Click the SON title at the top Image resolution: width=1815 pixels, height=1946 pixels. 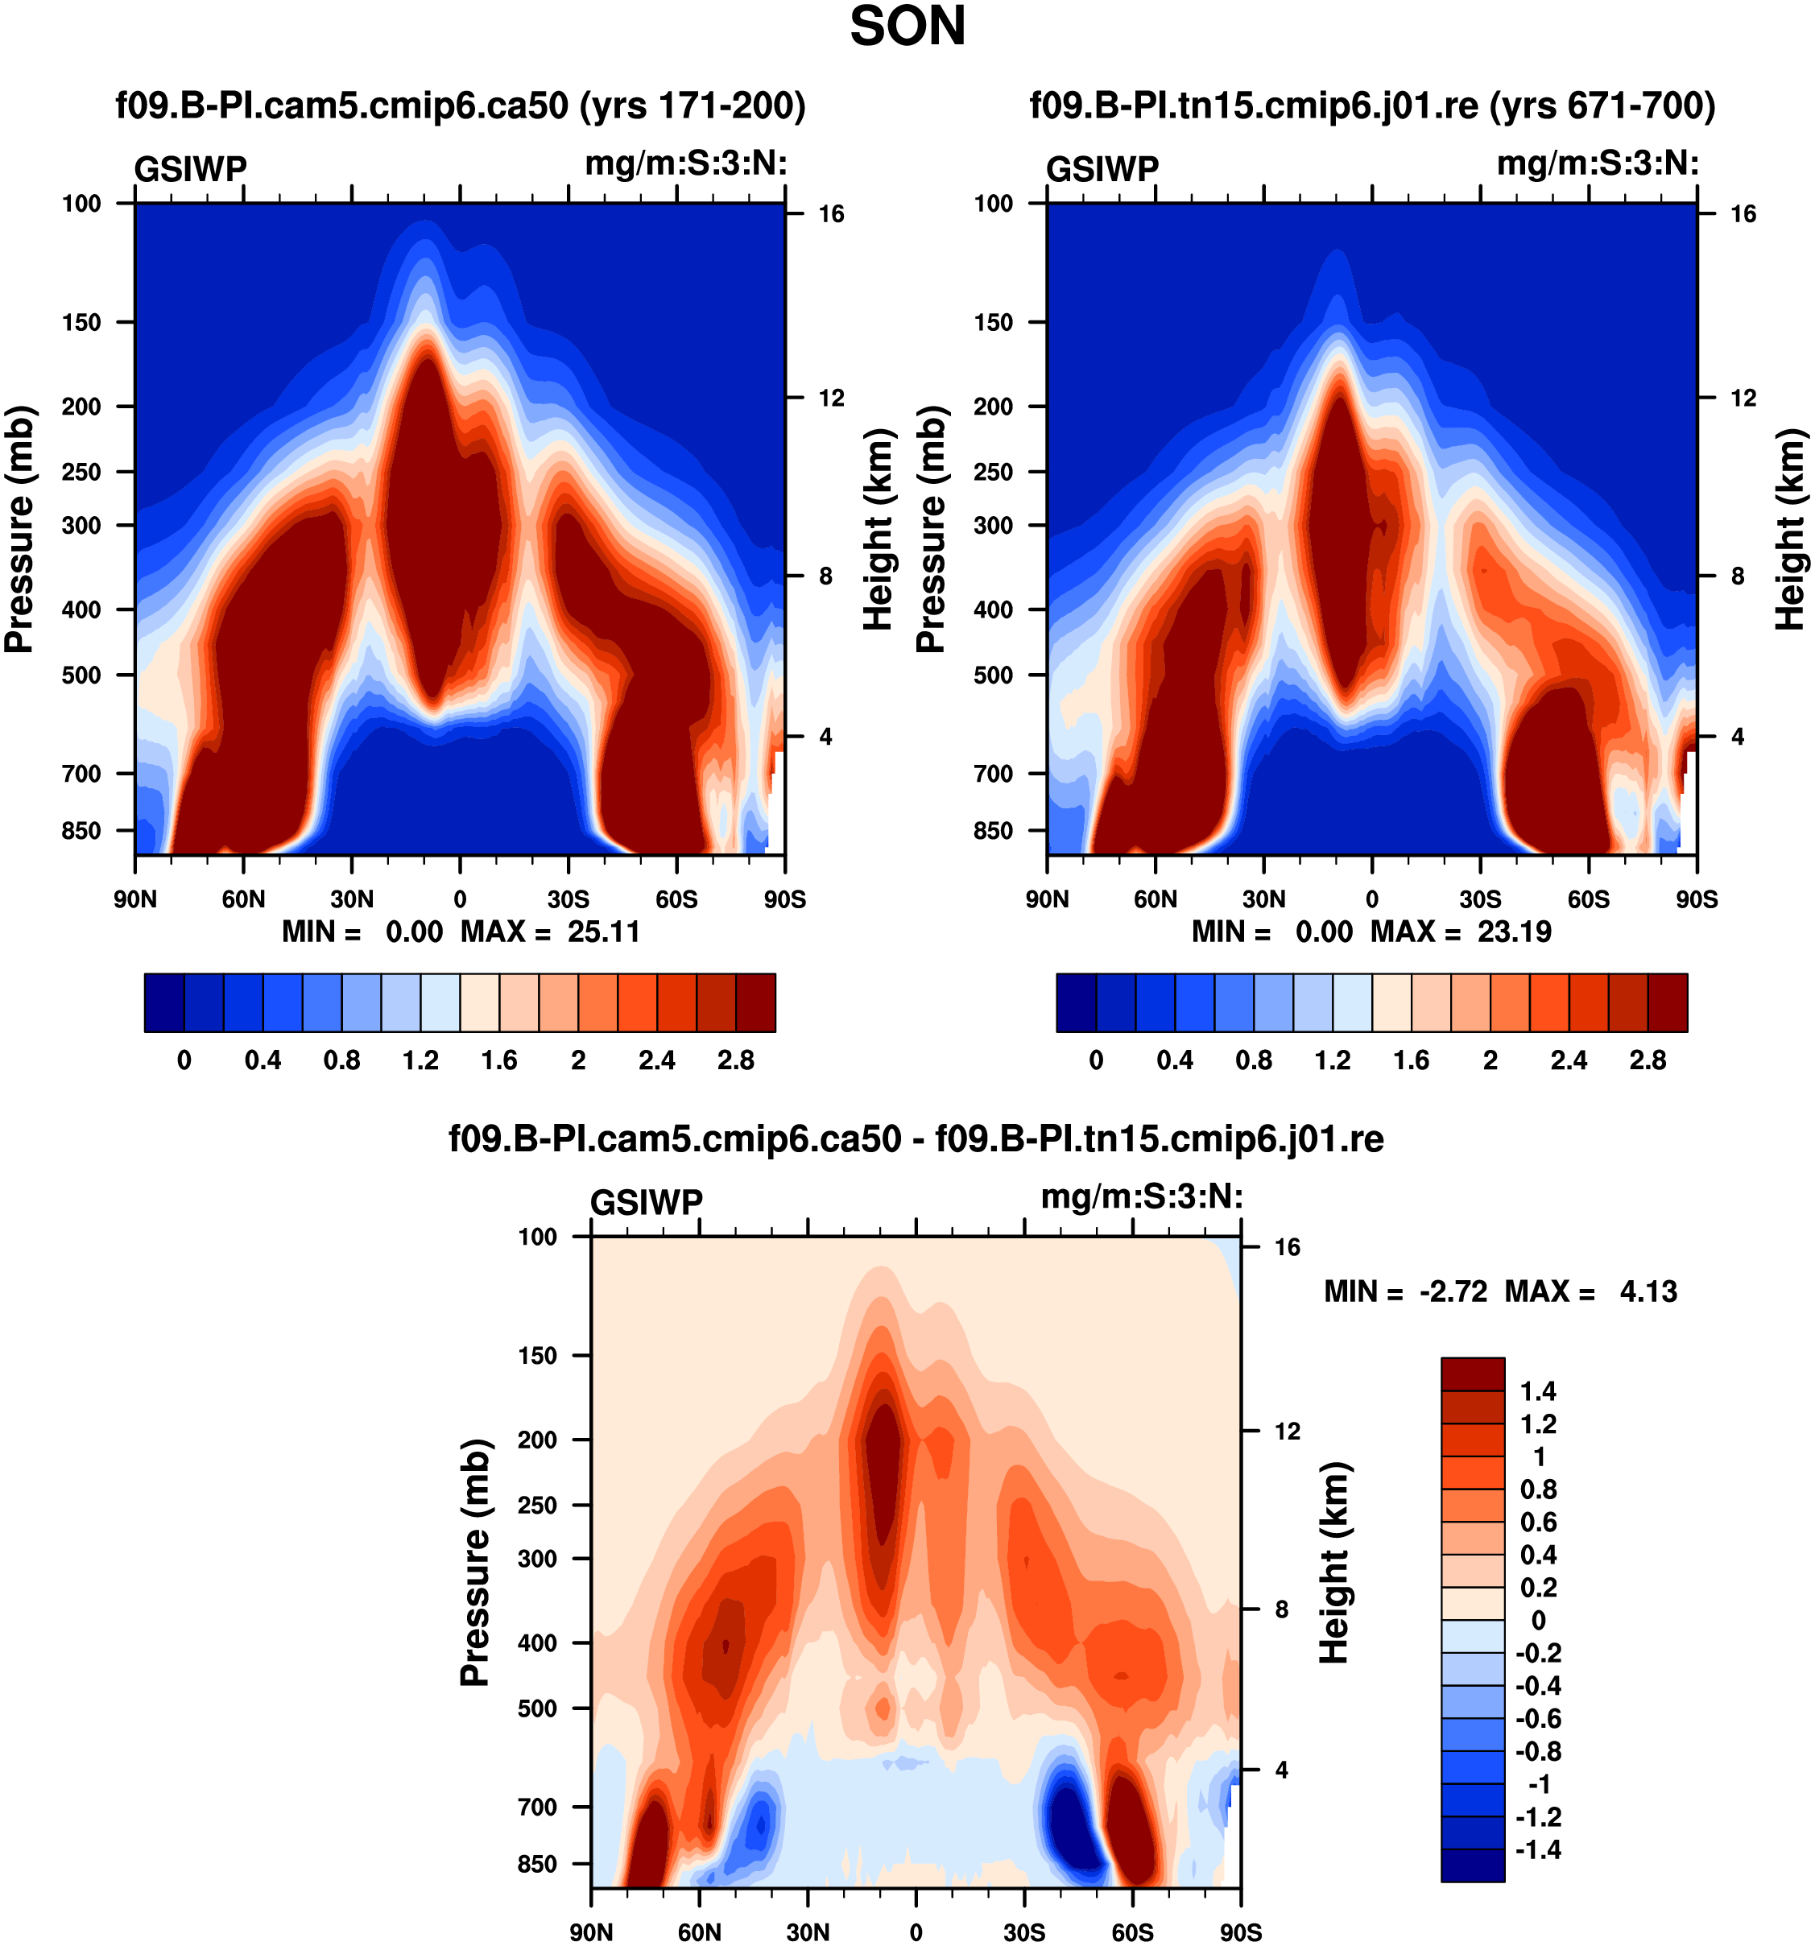click(907, 27)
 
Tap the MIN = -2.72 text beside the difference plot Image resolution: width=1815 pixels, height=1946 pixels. click(1405, 1292)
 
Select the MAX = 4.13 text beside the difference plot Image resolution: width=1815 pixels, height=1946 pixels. click(1591, 1292)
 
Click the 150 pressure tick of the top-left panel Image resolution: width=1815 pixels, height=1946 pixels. click(81, 322)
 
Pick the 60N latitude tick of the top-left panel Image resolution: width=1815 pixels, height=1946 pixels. click(243, 899)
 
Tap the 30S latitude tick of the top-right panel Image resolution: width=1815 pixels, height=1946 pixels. click(1480, 899)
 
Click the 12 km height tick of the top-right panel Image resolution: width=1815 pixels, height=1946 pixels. click(1743, 398)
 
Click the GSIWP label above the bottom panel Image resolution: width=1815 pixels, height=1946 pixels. click(646, 1202)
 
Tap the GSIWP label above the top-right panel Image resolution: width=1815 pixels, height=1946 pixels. click(1102, 169)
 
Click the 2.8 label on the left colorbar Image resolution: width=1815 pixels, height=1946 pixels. click(735, 1060)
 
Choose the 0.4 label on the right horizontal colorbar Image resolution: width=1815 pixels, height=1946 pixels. click(1175, 1060)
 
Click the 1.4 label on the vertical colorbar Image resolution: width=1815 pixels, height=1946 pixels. click(1537, 1391)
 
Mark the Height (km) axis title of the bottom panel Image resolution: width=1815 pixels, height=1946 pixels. click(1333, 1564)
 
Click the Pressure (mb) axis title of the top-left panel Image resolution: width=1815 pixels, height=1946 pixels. click(19, 529)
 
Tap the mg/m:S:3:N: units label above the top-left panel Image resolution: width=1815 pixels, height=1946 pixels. click(686, 163)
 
